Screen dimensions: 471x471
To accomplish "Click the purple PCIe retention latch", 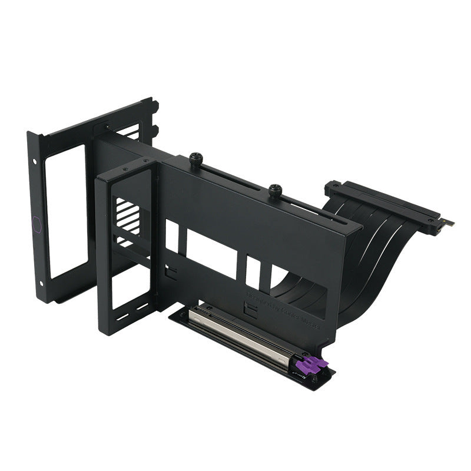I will [x=314, y=364].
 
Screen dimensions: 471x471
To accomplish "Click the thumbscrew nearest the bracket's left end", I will [x=197, y=158].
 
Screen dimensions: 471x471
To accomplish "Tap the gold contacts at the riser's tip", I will [x=448, y=223].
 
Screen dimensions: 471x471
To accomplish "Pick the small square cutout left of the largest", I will [x=172, y=235].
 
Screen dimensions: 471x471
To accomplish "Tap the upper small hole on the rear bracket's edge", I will [x=35, y=160].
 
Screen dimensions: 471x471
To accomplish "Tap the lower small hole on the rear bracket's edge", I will [x=42, y=283].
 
